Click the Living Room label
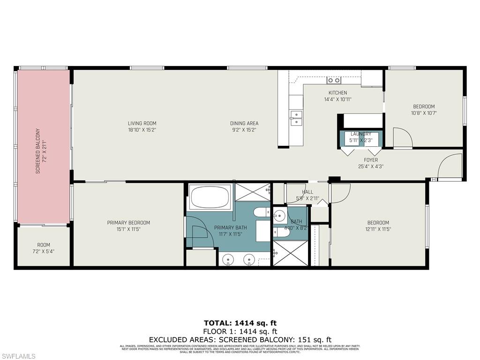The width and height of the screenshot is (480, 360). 142,123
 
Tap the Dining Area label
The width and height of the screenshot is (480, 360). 244,123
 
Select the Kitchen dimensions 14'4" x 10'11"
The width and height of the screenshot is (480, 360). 337,99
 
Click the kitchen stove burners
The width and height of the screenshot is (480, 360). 334,80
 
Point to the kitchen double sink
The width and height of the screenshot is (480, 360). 296,118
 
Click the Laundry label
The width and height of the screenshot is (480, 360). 360,134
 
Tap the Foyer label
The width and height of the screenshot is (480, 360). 371,160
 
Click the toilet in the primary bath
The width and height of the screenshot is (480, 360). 261,213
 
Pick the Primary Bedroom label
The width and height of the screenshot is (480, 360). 128,223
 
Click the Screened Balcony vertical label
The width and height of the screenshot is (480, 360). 38,151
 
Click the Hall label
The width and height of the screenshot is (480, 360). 307,192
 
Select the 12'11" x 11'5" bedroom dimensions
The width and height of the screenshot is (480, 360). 378,229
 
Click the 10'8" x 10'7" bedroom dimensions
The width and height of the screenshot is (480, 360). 424,113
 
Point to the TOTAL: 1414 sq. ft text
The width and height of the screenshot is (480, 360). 240,322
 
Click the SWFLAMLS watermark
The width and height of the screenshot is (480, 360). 19,356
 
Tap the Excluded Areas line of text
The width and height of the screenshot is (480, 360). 240,339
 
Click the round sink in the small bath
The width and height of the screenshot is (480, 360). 279,216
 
